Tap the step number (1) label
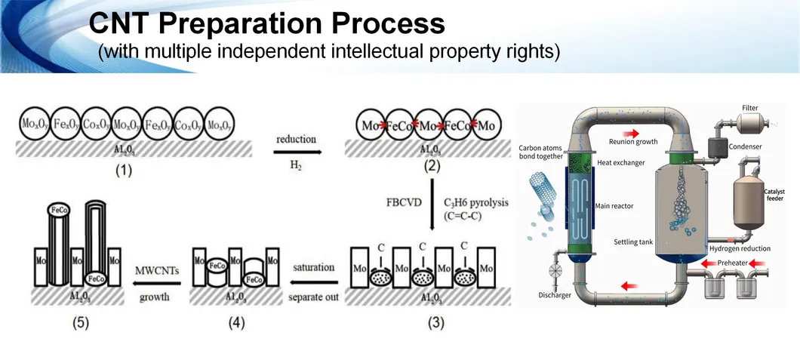[123, 171]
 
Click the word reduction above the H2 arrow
[296, 139]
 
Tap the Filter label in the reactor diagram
[749, 109]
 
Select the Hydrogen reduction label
[740, 248]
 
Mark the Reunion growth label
[632, 141]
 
